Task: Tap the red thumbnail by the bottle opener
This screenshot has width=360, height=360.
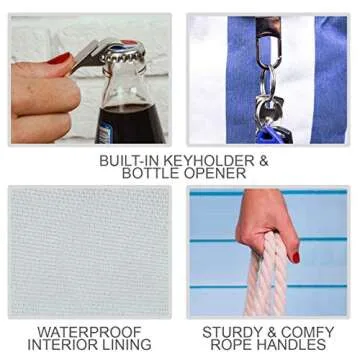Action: click(x=60, y=59)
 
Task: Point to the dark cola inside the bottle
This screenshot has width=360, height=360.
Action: click(x=129, y=124)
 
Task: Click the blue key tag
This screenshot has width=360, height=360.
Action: click(x=268, y=135)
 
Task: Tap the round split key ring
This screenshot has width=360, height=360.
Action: click(x=268, y=83)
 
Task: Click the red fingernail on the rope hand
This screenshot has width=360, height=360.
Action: click(x=296, y=257)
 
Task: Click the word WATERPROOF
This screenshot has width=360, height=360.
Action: click(x=89, y=332)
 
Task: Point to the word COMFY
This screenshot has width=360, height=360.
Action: click(x=307, y=332)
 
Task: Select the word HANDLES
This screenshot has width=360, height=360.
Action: click(x=291, y=345)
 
